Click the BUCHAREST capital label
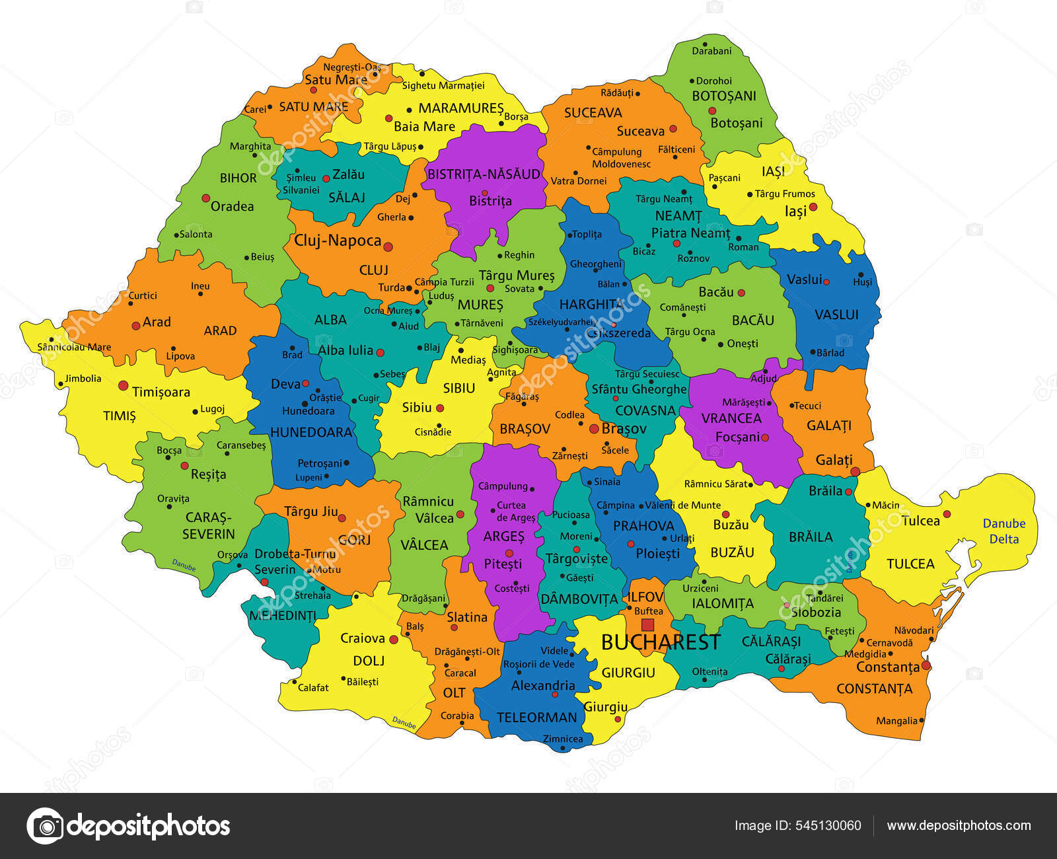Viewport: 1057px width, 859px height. click(660, 642)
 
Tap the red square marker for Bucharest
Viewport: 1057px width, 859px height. click(647, 624)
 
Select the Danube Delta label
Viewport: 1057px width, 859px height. click(1003, 531)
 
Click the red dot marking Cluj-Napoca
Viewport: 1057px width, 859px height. click(388, 246)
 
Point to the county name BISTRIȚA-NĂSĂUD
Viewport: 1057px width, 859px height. click(484, 174)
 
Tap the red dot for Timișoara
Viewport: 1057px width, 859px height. click(123, 385)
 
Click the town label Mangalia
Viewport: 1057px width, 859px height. click(896, 721)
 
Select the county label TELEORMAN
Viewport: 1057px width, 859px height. click(536, 717)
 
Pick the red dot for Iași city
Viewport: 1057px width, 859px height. click(813, 207)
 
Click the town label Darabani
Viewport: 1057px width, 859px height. click(711, 51)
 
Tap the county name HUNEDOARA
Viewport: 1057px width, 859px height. click(311, 432)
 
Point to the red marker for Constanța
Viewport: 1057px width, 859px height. click(926, 665)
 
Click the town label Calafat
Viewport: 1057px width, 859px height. click(313, 687)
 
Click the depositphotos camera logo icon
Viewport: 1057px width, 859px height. click(46, 826)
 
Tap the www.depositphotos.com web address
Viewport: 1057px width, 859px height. click(959, 825)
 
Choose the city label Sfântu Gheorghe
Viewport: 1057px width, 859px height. click(639, 389)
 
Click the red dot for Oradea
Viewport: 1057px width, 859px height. click(206, 198)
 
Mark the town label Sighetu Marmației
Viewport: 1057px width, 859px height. click(443, 85)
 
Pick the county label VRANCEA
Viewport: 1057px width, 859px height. click(731, 418)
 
